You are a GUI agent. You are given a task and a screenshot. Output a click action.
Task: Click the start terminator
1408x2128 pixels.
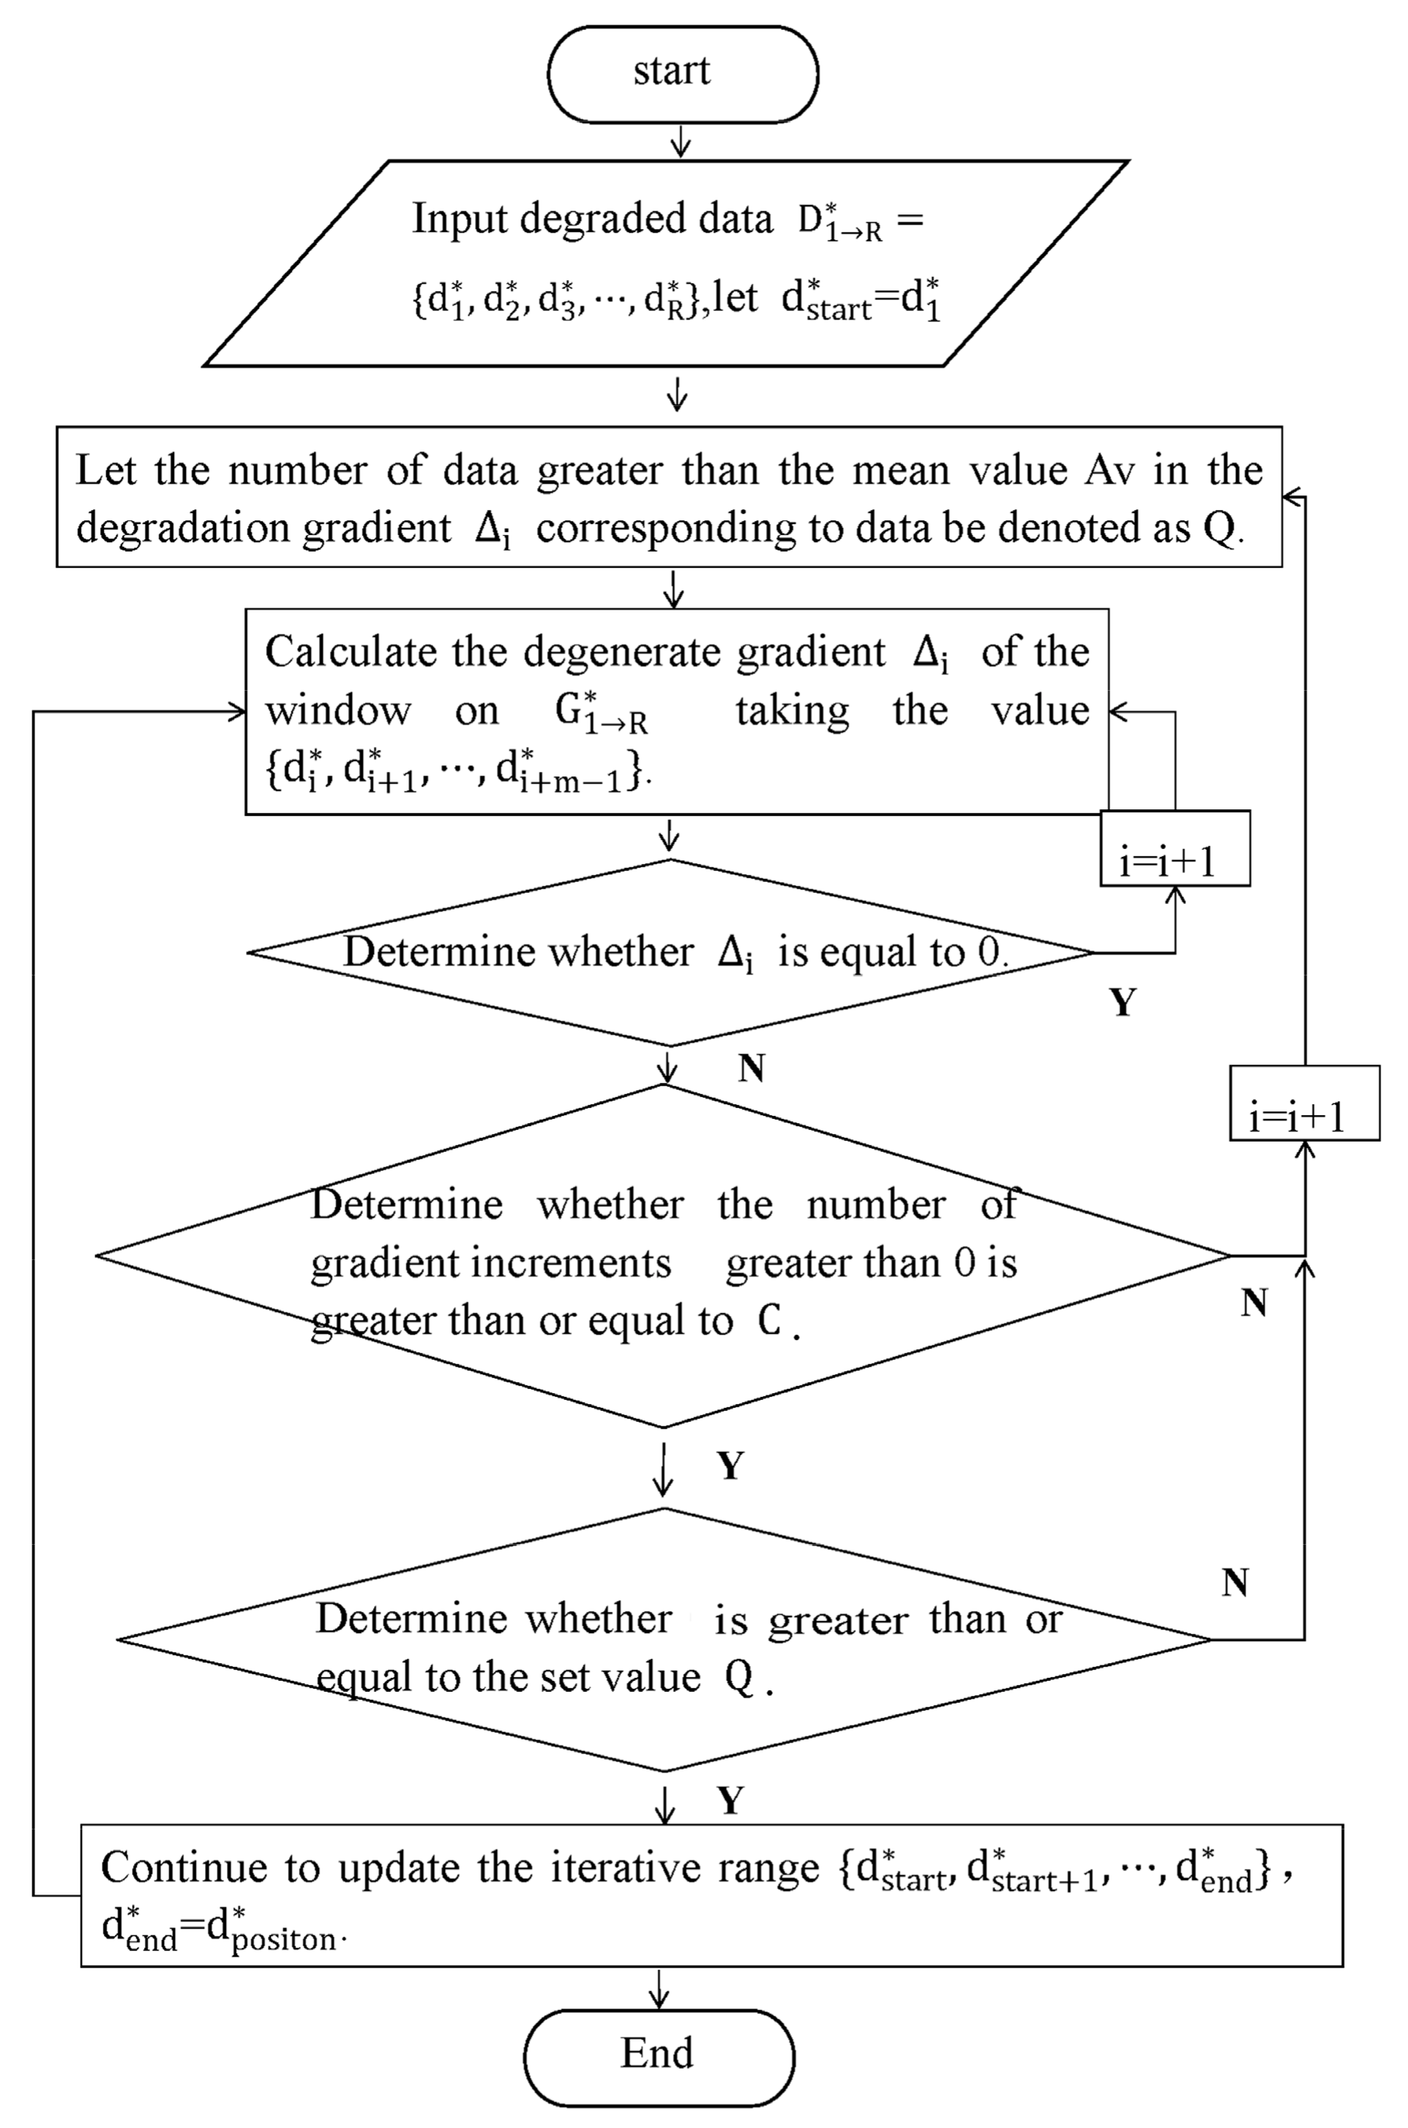tap(683, 74)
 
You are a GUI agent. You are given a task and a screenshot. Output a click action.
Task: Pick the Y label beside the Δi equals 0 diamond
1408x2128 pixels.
tap(1123, 1002)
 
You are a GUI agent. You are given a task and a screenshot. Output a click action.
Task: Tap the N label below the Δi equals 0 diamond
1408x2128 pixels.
tap(751, 1068)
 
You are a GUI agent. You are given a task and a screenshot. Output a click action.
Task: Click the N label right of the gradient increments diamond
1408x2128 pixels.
tap(1254, 1303)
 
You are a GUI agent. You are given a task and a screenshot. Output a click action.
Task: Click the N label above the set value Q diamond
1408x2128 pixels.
tap(1235, 1582)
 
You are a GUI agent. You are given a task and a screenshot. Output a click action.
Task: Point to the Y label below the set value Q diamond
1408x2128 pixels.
tap(730, 1800)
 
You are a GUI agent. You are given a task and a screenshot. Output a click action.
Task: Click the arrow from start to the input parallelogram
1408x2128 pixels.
tap(681, 141)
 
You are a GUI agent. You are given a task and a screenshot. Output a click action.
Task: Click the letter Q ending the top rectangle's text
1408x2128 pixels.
tap(1219, 528)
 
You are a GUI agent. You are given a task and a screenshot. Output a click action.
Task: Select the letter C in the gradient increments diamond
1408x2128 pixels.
tap(768, 1320)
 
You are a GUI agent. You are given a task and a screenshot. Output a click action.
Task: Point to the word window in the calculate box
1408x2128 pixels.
tap(337, 711)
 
